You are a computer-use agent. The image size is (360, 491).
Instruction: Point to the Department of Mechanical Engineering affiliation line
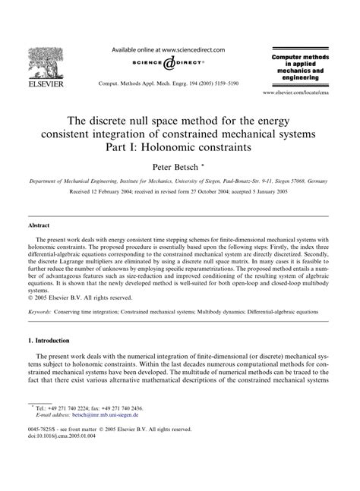(180, 183)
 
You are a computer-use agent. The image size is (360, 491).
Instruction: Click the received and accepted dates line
(180, 194)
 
